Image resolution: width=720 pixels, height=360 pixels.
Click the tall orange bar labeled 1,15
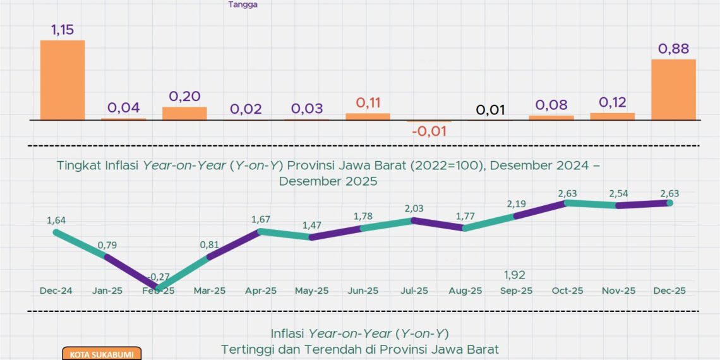[63, 80]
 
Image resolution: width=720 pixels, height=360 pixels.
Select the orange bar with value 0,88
[673, 90]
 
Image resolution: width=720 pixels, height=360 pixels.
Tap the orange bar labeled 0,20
[184, 113]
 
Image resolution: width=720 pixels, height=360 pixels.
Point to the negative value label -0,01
[429, 131]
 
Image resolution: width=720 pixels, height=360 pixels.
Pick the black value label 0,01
[490, 110]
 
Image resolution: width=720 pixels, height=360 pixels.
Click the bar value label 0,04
[123, 107]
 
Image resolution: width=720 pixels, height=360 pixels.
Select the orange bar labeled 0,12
[612, 116]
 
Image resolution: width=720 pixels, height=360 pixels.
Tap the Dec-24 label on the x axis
[56, 291]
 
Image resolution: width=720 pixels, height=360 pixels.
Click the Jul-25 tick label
[414, 291]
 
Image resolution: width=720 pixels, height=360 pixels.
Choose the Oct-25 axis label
[567, 291]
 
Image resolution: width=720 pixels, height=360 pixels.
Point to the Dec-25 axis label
[669, 291]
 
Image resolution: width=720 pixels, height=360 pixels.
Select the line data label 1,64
[56, 220]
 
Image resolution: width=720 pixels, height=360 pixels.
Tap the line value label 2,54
[618, 193]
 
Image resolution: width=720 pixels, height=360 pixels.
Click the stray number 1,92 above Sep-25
[515, 275]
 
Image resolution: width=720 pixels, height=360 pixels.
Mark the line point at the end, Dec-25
[669, 203]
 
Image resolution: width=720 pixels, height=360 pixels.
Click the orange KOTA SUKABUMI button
[102, 354]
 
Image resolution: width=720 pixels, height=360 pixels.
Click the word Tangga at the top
[243, 4]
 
